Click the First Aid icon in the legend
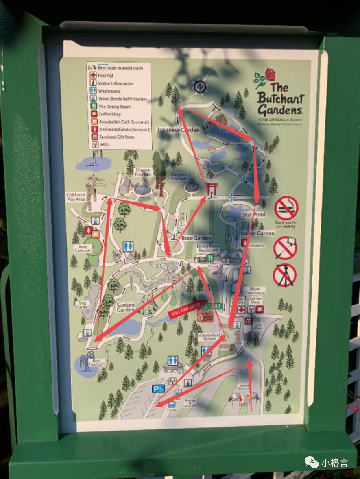[x=93, y=76]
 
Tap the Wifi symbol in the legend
[x=93, y=144]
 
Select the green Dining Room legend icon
[x=93, y=107]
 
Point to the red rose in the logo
[x=270, y=75]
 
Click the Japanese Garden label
[x=179, y=130]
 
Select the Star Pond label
[x=253, y=214]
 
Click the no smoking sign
[x=286, y=208]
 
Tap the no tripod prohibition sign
[x=285, y=275]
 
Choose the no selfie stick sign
[x=285, y=248]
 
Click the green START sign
[x=213, y=306]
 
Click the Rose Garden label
[x=196, y=238]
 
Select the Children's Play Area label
[x=76, y=198]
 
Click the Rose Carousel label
[x=80, y=249]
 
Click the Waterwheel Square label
[x=209, y=336]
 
